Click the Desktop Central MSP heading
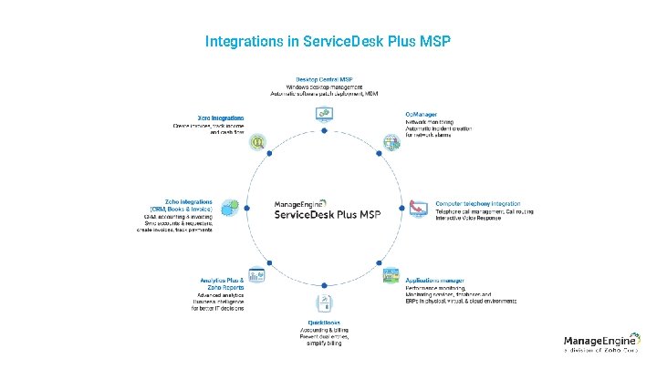(x=325, y=78)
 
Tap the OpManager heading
(x=421, y=114)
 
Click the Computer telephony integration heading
(x=465, y=202)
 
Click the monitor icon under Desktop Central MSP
(x=325, y=113)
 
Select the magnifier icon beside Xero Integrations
(x=259, y=142)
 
